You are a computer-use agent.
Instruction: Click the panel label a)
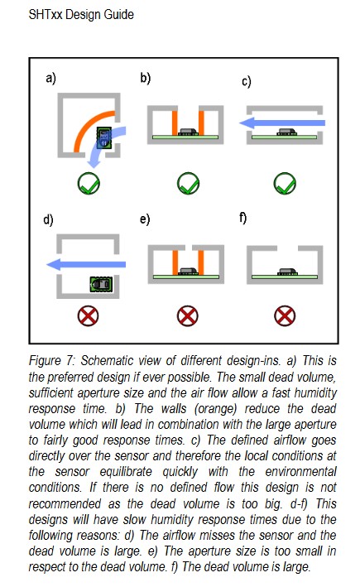click(x=50, y=79)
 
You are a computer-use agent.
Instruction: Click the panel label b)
click(x=145, y=78)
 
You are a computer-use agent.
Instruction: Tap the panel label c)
click(x=247, y=81)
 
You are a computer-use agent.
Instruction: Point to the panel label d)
click(x=48, y=219)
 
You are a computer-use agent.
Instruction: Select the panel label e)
click(x=145, y=219)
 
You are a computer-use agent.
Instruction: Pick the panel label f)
click(x=242, y=218)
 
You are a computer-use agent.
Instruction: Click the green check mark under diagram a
click(x=89, y=183)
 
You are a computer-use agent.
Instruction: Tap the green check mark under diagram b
click(x=188, y=183)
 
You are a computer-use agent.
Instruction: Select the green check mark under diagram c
click(x=285, y=183)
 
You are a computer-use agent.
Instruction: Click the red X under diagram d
click(x=88, y=316)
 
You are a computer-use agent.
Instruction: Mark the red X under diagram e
click(x=188, y=316)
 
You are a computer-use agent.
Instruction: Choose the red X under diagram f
click(x=285, y=316)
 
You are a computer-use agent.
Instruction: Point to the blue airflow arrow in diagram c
click(x=282, y=123)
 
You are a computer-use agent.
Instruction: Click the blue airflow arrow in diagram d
click(x=86, y=264)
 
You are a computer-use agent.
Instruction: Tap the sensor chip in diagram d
click(x=101, y=285)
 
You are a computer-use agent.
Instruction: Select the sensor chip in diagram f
click(x=287, y=271)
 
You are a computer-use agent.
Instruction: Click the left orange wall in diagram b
click(x=175, y=123)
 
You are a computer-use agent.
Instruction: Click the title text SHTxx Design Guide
click(x=81, y=15)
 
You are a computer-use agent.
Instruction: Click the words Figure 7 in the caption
click(x=52, y=361)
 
